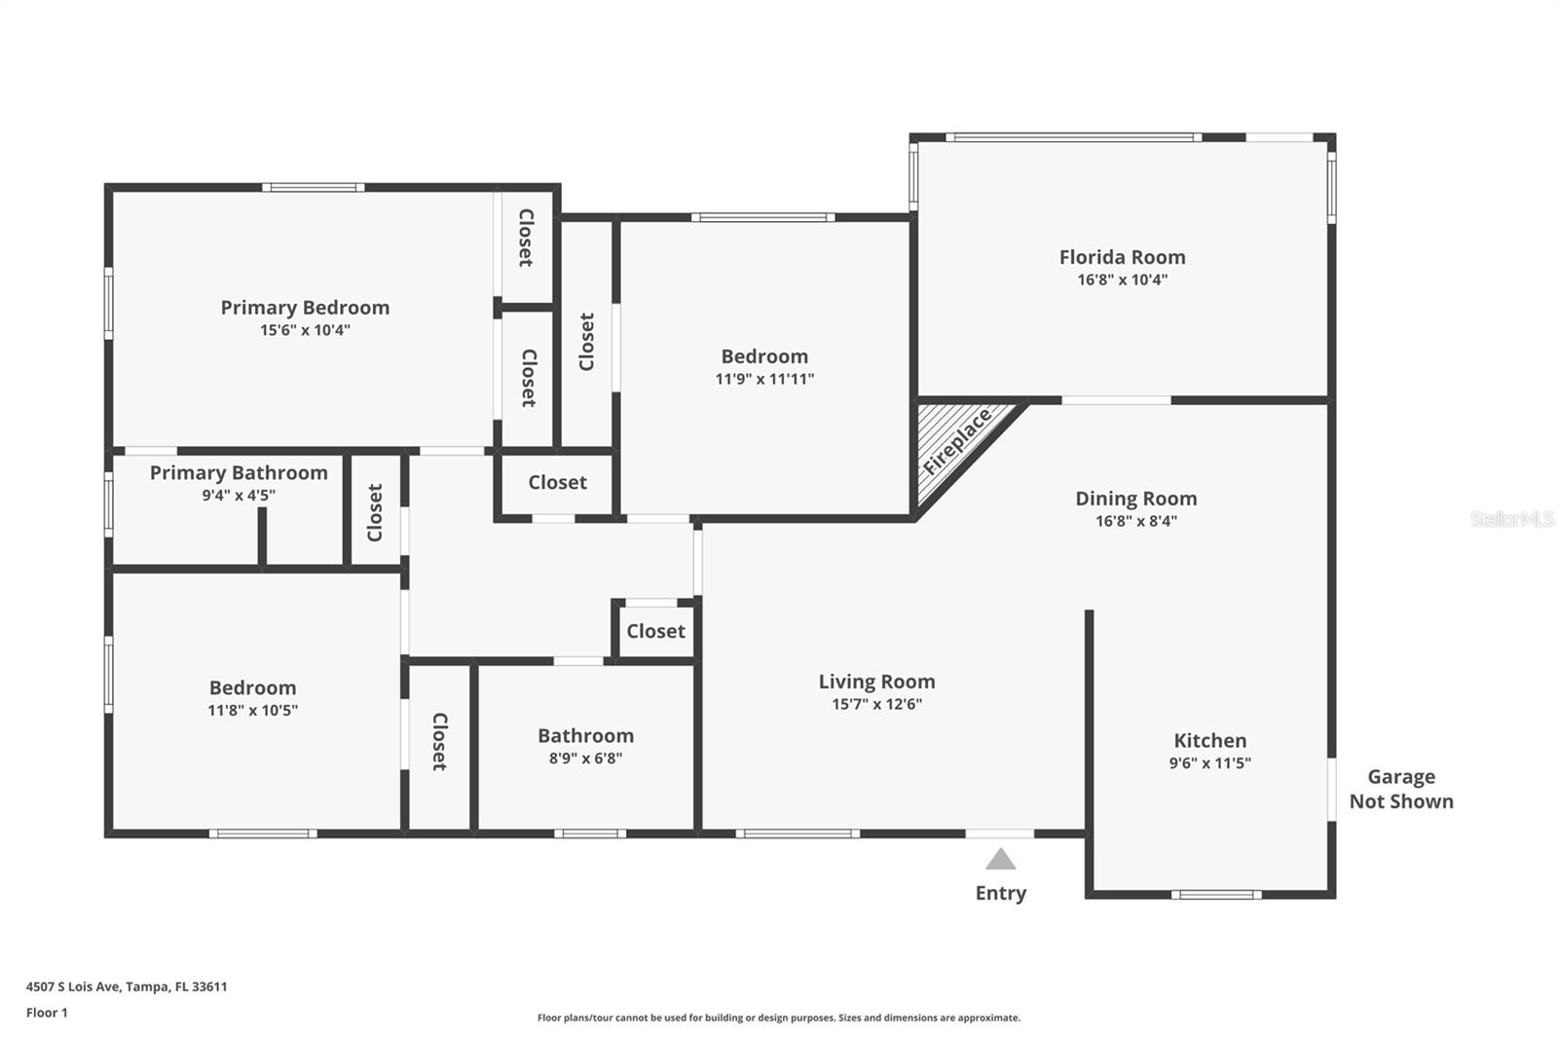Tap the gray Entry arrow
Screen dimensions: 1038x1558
(x=1000, y=859)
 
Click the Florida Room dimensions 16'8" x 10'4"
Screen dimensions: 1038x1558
(x=1122, y=279)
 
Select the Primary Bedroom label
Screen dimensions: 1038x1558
(x=305, y=308)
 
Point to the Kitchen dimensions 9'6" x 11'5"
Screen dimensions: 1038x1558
(x=1209, y=763)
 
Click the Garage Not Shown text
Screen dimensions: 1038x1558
(x=1400, y=789)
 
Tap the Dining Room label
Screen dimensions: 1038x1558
(x=1135, y=499)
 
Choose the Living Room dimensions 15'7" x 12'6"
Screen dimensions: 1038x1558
(x=876, y=704)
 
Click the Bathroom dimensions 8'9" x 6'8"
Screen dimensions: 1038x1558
(x=585, y=759)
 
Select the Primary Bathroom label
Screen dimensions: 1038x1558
(x=239, y=473)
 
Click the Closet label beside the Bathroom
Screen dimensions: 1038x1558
(x=439, y=742)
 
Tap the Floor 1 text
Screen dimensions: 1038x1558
(x=47, y=1013)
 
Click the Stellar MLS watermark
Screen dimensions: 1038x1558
(x=1511, y=519)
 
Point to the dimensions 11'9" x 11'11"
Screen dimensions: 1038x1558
(x=764, y=379)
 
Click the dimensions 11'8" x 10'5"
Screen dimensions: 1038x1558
(x=252, y=710)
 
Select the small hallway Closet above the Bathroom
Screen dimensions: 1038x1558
(x=655, y=631)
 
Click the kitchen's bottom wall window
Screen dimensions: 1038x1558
(x=1215, y=894)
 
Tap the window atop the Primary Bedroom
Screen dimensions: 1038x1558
(x=313, y=187)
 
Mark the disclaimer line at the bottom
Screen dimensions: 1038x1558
(x=779, y=1018)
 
